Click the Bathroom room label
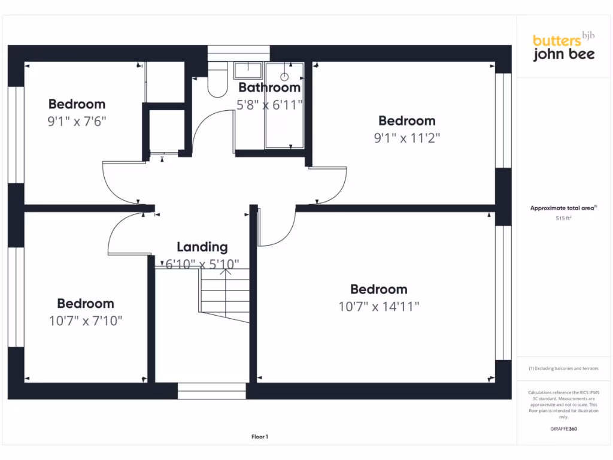269,87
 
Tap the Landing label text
202,247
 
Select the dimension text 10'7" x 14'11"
378,307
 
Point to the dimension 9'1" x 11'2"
407,138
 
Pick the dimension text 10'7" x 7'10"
86,321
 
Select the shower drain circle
284,77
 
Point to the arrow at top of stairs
226,272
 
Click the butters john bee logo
563,47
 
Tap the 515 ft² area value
563,219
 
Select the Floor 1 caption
259,437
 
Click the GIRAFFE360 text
563,429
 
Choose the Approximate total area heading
563,208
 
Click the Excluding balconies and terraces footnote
563,368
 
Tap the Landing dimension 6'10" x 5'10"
202,264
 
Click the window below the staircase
212,391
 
